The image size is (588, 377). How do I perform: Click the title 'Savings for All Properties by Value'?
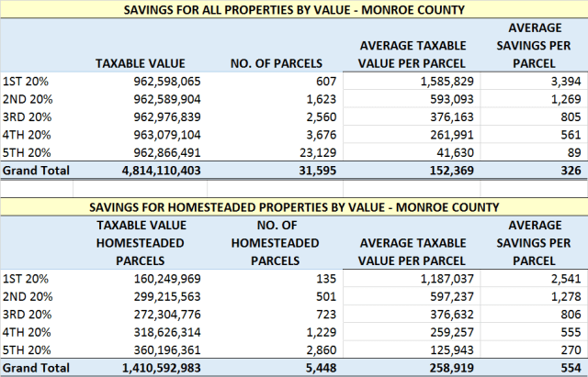point(293,9)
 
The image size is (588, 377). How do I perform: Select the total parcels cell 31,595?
point(293,171)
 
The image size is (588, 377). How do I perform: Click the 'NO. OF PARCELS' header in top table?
point(274,63)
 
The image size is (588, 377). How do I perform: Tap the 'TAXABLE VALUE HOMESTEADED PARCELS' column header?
point(141,242)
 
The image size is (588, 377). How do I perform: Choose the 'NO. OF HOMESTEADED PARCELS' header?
point(274,242)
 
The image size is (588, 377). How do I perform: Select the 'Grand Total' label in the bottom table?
point(34,368)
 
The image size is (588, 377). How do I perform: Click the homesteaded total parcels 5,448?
point(297,368)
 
